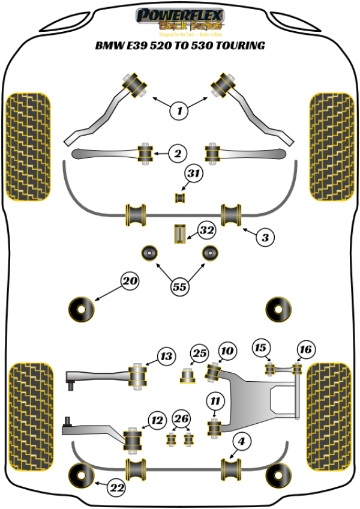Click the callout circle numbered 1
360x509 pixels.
coord(178,110)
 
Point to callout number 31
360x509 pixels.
coord(193,174)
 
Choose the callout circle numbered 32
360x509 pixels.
coord(206,230)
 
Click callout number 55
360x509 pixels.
coord(179,287)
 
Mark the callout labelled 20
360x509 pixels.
coord(130,280)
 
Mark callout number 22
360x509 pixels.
coord(118,489)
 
